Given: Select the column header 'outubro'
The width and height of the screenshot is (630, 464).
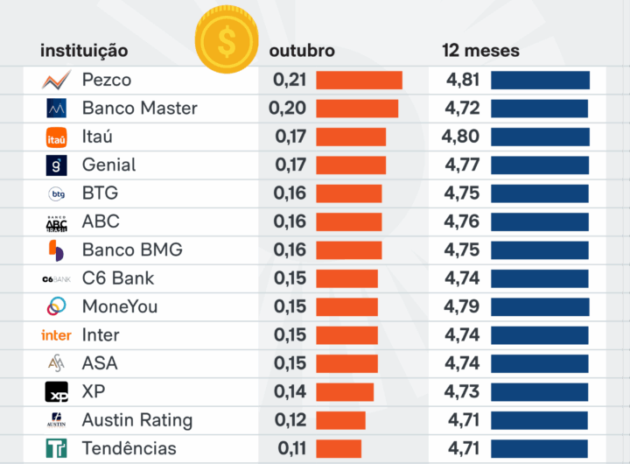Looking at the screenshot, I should (x=302, y=51).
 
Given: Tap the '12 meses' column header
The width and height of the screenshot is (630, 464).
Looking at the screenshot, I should (x=480, y=51).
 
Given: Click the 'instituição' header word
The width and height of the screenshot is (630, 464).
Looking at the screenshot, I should (x=84, y=51).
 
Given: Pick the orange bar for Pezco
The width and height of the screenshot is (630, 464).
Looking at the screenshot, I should (x=359, y=81).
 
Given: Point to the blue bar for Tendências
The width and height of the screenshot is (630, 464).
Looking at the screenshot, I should (x=539, y=448).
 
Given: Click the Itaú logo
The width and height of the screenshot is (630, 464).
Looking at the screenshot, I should (x=56, y=137).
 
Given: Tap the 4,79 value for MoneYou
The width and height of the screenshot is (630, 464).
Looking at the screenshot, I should (x=462, y=306).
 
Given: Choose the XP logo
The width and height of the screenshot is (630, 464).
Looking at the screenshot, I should (x=56, y=391).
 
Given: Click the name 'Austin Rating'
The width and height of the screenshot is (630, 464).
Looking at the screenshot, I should (x=137, y=420).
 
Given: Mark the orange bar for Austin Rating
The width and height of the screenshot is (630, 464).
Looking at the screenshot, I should (x=340, y=420).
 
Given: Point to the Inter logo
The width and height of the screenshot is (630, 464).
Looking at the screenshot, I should (x=56, y=335).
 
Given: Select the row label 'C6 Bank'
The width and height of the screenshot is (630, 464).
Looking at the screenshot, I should (x=118, y=278).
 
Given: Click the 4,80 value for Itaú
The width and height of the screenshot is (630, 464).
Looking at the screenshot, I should (x=461, y=137).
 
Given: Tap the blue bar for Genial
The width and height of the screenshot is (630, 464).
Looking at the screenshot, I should (x=539, y=165).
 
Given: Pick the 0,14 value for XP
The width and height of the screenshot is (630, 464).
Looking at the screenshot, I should (x=290, y=391).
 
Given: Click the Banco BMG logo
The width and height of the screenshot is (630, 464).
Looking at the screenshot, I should (x=56, y=250).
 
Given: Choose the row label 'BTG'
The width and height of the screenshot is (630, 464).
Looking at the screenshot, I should (x=100, y=193).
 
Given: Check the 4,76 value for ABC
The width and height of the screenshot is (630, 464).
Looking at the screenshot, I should (x=462, y=221).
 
